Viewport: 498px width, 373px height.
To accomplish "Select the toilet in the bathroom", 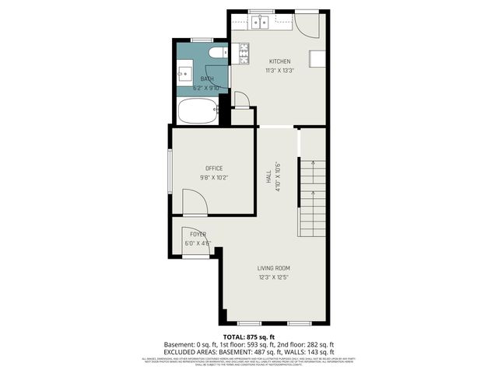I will (x=219, y=53).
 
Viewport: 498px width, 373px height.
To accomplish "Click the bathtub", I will (x=198, y=110).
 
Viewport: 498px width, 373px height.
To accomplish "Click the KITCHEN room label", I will (x=279, y=61).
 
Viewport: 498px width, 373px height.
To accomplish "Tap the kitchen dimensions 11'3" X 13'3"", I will (x=279, y=71).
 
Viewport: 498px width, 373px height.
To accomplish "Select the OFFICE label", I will (x=214, y=169).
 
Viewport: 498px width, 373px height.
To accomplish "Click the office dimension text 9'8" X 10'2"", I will (x=214, y=178).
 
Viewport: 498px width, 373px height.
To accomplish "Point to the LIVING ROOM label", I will (x=274, y=268).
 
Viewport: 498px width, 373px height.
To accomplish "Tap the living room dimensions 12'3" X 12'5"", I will (x=274, y=277).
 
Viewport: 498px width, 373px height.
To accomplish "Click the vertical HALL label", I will (x=268, y=180).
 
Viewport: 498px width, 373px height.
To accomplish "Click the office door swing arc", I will (x=195, y=200).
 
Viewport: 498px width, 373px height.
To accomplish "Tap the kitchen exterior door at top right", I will (x=307, y=26).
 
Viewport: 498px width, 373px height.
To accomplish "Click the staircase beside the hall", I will (x=313, y=197).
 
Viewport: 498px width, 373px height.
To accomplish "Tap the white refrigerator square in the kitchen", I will (x=316, y=59).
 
